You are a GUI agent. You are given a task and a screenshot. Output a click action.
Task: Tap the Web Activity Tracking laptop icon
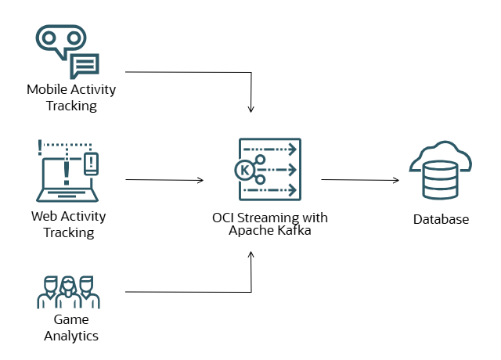[x=67, y=171]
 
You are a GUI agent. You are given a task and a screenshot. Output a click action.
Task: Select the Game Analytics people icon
[x=68, y=291]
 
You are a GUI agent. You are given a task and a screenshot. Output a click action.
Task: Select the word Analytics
[x=70, y=336]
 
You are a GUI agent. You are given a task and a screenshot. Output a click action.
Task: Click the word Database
[x=441, y=219]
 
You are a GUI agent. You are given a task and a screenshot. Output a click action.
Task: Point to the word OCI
[x=224, y=217]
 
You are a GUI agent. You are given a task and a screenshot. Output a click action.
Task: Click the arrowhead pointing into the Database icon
[x=397, y=180]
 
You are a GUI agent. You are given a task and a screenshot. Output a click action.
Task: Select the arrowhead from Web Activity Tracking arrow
[x=200, y=180]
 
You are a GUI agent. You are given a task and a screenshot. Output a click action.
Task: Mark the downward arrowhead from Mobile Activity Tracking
[x=251, y=109]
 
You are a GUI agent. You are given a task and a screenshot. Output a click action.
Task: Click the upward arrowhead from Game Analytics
[x=251, y=254]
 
